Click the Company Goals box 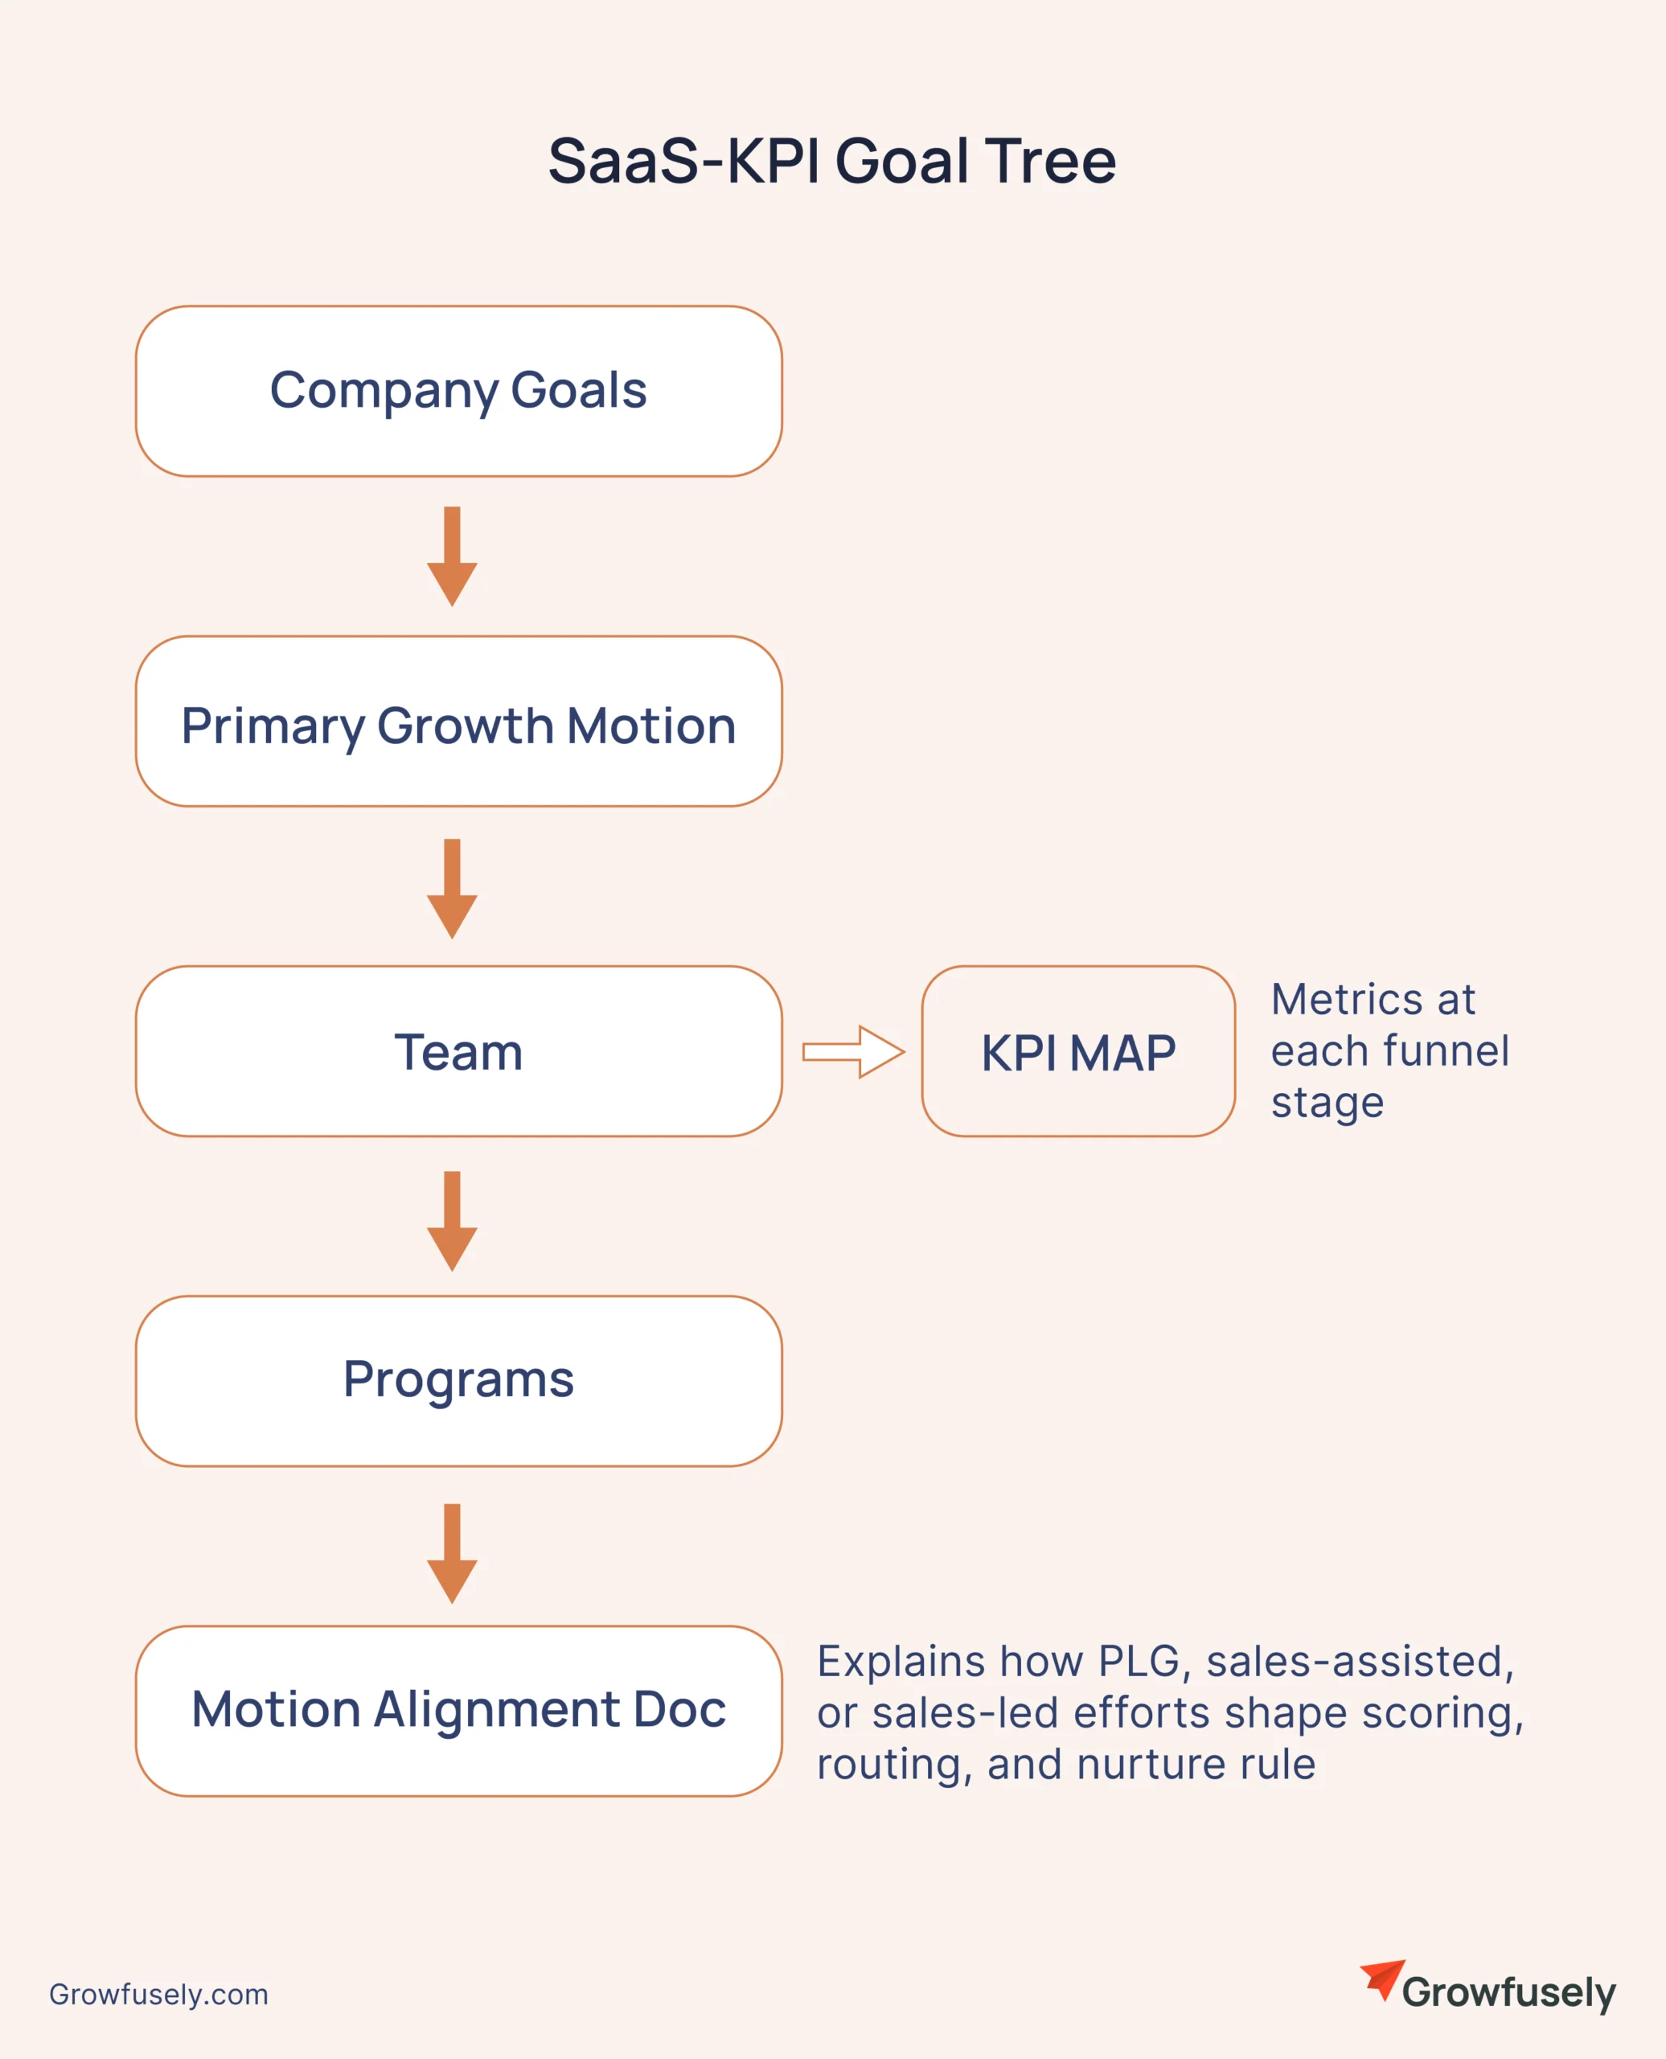click(459, 391)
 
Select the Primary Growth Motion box click(459, 721)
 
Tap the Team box click(459, 1051)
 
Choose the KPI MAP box click(1077, 1051)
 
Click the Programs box click(459, 1380)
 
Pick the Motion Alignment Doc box click(459, 1711)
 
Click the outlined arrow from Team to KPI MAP click(853, 1051)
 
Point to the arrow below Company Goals click(452, 557)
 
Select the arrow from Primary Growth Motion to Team click(452, 888)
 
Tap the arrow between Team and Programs click(452, 1220)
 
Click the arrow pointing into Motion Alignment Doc click(452, 1552)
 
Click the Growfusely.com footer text click(158, 1994)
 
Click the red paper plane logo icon click(1383, 1979)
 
